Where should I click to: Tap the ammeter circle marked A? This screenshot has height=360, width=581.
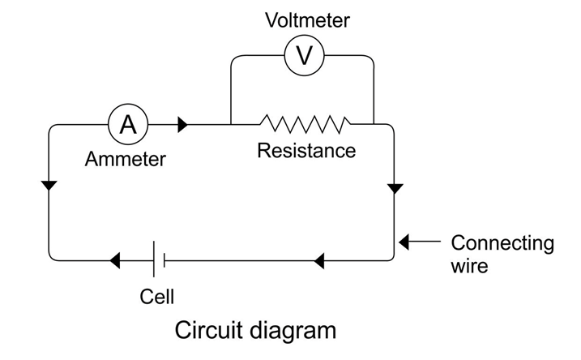[x=128, y=125]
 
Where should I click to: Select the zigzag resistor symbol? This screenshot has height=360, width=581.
[x=305, y=124]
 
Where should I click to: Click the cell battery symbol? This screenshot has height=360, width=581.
[x=158, y=260]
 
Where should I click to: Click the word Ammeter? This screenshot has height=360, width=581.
[x=125, y=159]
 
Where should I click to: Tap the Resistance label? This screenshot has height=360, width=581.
[x=306, y=151]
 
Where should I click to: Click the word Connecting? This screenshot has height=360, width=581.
[x=502, y=242]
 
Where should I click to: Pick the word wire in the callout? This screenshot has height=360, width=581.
[x=469, y=265]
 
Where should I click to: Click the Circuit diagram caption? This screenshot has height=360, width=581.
[x=255, y=331]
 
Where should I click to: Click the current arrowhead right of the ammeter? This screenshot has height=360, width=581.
[x=182, y=125]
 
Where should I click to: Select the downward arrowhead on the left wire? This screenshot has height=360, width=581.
[x=49, y=186]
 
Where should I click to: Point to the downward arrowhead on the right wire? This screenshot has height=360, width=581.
[x=395, y=188]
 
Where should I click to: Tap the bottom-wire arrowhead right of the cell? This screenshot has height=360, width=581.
[x=318, y=260]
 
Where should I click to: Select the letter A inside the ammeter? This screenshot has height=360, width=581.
[x=128, y=125]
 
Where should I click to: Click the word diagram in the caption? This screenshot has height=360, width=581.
[x=291, y=331]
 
